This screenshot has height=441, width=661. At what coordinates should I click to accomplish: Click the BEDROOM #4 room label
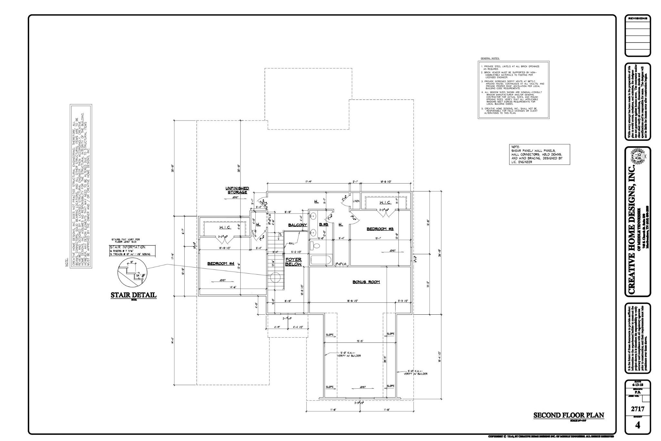220,264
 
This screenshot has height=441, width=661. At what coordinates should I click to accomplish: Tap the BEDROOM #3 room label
380,229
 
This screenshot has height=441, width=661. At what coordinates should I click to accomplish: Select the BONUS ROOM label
366,282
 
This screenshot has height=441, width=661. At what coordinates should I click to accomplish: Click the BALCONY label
297,225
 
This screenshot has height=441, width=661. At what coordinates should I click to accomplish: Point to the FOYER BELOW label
293,262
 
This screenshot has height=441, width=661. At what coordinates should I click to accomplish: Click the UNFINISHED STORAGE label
237,190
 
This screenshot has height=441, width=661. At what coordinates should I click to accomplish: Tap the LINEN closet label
356,201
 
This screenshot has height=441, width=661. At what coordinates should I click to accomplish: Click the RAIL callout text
291,243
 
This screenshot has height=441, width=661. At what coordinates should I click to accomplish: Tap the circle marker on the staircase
275,277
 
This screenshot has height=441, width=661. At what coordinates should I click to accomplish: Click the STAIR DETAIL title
133,295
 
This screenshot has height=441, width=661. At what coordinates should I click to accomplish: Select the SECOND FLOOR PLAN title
568,415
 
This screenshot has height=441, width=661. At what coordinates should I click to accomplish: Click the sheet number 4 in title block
637,425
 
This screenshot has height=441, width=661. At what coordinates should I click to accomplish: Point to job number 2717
637,409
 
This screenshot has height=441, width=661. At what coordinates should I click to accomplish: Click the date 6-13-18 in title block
637,385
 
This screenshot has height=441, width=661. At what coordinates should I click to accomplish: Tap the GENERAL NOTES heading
490,58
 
